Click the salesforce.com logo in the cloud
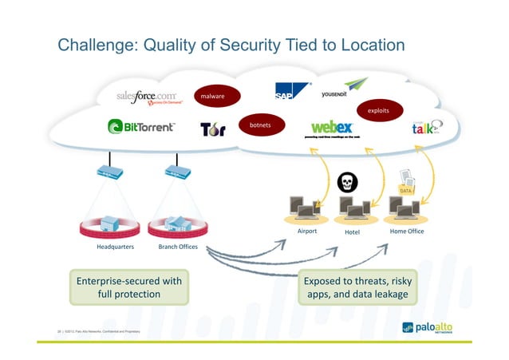150,98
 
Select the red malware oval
212,96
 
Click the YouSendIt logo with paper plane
345,89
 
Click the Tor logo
212,129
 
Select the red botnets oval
260,125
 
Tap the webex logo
332,128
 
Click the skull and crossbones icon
347,182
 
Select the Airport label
306,231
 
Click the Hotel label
353,232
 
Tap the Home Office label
406,231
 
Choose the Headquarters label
115,247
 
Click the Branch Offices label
178,247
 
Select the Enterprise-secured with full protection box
128,287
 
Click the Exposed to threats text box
357,287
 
